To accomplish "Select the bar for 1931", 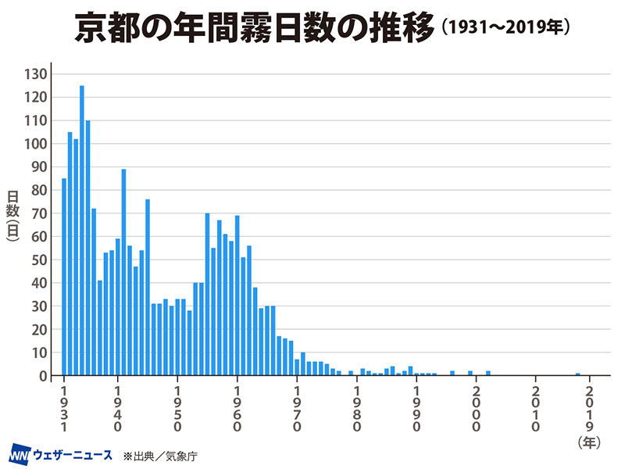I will [x=64, y=277].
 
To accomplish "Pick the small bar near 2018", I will [x=578, y=374].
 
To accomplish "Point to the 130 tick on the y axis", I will [x=38, y=74].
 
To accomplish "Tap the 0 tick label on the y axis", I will [x=45, y=376].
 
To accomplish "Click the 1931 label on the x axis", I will [x=64, y=409].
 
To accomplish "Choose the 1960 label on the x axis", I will [x=237, y=409].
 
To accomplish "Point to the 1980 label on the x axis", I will [x=357, y=409].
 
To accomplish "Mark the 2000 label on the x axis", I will [x=476, y=409].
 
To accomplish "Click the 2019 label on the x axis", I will [x=590, y=409].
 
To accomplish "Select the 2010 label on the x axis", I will [x=536, y=409].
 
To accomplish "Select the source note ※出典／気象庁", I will [x=159, y=455].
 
